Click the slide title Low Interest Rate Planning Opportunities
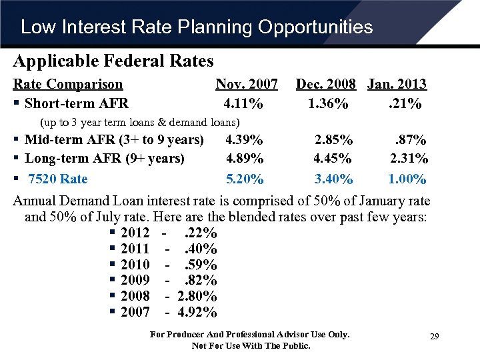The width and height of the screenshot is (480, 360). point(197,27)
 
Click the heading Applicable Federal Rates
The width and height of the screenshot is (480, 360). point(113,61)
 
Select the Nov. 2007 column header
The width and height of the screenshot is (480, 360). point(247,84)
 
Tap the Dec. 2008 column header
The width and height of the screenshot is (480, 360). point(327,84)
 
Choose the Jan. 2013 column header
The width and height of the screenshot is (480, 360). point(397,84)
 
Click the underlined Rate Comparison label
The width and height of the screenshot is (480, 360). point(68,84)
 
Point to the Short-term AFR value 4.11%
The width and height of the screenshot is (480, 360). point(243,104)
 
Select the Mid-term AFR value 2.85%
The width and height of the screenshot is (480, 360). point(334,140)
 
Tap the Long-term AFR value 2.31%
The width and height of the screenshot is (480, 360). point(409,159)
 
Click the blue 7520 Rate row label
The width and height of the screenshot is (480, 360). point(57,179)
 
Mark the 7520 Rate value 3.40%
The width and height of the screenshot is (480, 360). point(334,179)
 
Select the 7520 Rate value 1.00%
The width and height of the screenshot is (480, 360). point(407,179)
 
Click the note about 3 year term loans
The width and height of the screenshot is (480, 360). point(140,123)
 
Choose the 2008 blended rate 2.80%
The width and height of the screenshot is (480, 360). point(197,297)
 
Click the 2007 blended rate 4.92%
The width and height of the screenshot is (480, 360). point(197,313)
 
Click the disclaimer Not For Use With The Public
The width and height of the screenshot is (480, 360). point(251,345)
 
